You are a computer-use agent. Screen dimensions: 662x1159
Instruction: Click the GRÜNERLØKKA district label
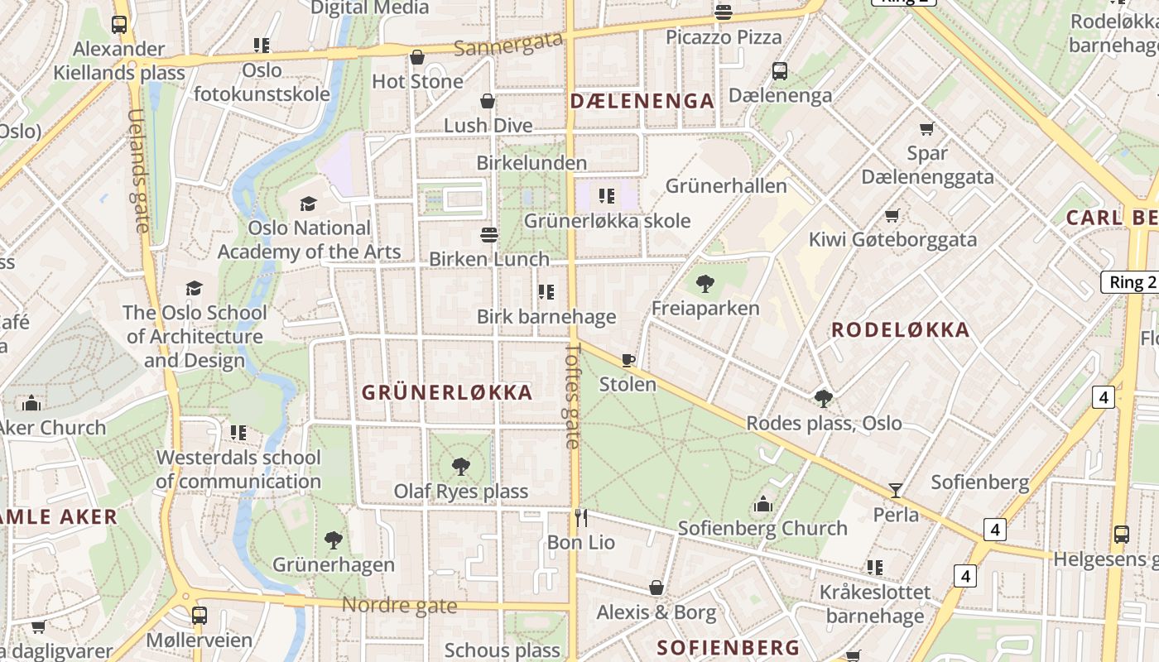pos(447,392)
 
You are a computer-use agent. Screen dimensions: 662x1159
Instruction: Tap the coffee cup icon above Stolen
pos(628,360)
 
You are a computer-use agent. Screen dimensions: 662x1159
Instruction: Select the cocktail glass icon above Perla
pos(895,490)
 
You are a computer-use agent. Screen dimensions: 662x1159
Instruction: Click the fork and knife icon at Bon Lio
pos(581,518)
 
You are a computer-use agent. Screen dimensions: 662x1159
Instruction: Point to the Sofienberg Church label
pos(762,528)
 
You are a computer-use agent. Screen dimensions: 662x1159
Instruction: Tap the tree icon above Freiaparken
pos(705,284)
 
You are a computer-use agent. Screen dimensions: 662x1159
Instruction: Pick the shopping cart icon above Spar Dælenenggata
pos(927,129)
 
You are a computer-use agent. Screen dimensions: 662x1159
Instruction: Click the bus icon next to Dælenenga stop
pos(780,71)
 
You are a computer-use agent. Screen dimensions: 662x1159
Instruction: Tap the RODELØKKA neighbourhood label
pos(900,330)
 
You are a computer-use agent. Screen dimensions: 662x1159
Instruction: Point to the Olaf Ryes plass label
pos(460,491)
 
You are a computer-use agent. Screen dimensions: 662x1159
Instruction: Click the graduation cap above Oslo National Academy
pos(309,204)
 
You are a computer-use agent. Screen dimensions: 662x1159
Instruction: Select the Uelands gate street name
pos(138,170)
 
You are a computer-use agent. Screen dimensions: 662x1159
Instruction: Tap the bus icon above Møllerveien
pos(200,616)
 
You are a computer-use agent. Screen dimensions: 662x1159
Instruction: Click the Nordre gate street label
pos(399,605)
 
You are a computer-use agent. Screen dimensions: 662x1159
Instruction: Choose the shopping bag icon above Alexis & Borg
pos(656,588)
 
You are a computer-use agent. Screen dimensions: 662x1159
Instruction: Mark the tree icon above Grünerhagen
pos(334,540)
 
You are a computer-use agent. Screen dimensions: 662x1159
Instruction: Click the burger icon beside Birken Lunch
pos(489,235)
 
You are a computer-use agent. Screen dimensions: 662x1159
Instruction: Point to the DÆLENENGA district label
pos(642,101)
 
